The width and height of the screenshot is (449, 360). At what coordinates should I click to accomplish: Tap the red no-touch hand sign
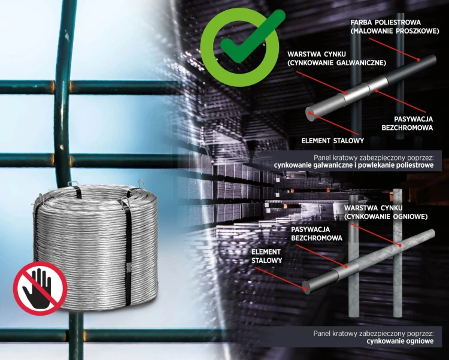[x=40, y=288]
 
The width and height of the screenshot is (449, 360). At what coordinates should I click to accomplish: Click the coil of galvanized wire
[x=96, y=247]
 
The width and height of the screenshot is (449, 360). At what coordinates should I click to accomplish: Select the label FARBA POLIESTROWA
[x=386, y=22]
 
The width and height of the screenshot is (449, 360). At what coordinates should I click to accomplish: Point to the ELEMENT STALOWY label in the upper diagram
[x=332, y=140]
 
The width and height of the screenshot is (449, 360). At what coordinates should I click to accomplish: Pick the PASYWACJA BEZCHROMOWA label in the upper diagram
[x=407, y=123]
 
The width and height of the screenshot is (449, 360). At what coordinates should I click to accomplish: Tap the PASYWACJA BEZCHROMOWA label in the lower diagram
[x=317, y=234]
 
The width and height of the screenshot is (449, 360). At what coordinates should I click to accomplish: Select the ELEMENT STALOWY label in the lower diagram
[x=266, y=256]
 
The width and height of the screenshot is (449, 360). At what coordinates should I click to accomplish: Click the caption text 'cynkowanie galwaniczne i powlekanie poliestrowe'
[x=354, y=165]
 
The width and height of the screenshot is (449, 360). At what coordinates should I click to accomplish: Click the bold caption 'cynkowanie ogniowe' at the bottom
[x=400, y=341]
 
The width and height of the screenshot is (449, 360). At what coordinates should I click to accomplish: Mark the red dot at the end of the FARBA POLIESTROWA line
[x=418, y=60]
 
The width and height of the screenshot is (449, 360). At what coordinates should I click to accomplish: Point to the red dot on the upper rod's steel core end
[x=310, y=113]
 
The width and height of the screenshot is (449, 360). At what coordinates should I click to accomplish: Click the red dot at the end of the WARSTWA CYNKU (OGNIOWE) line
[x=399, y=245]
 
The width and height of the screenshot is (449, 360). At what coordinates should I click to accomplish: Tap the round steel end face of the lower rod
[x=306, y=288]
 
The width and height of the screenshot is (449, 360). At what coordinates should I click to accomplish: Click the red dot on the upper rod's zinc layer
[x=346, y=93]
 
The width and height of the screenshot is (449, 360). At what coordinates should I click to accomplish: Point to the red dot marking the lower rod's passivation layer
[x=346, y=267]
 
